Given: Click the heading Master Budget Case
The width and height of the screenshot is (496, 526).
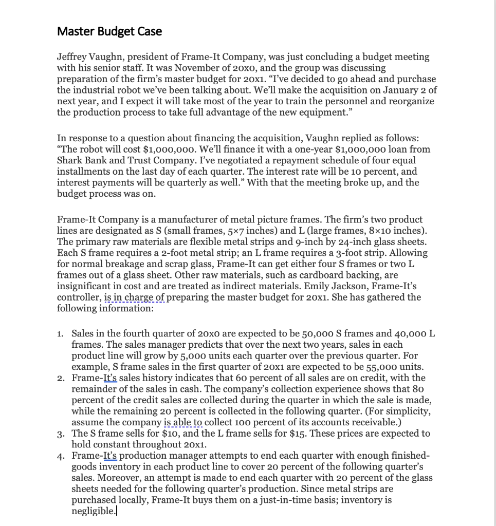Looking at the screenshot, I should (109, 31).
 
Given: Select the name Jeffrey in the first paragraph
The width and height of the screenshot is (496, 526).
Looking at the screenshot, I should (72, 57).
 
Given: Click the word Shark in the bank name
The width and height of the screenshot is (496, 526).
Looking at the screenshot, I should (70, 160).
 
